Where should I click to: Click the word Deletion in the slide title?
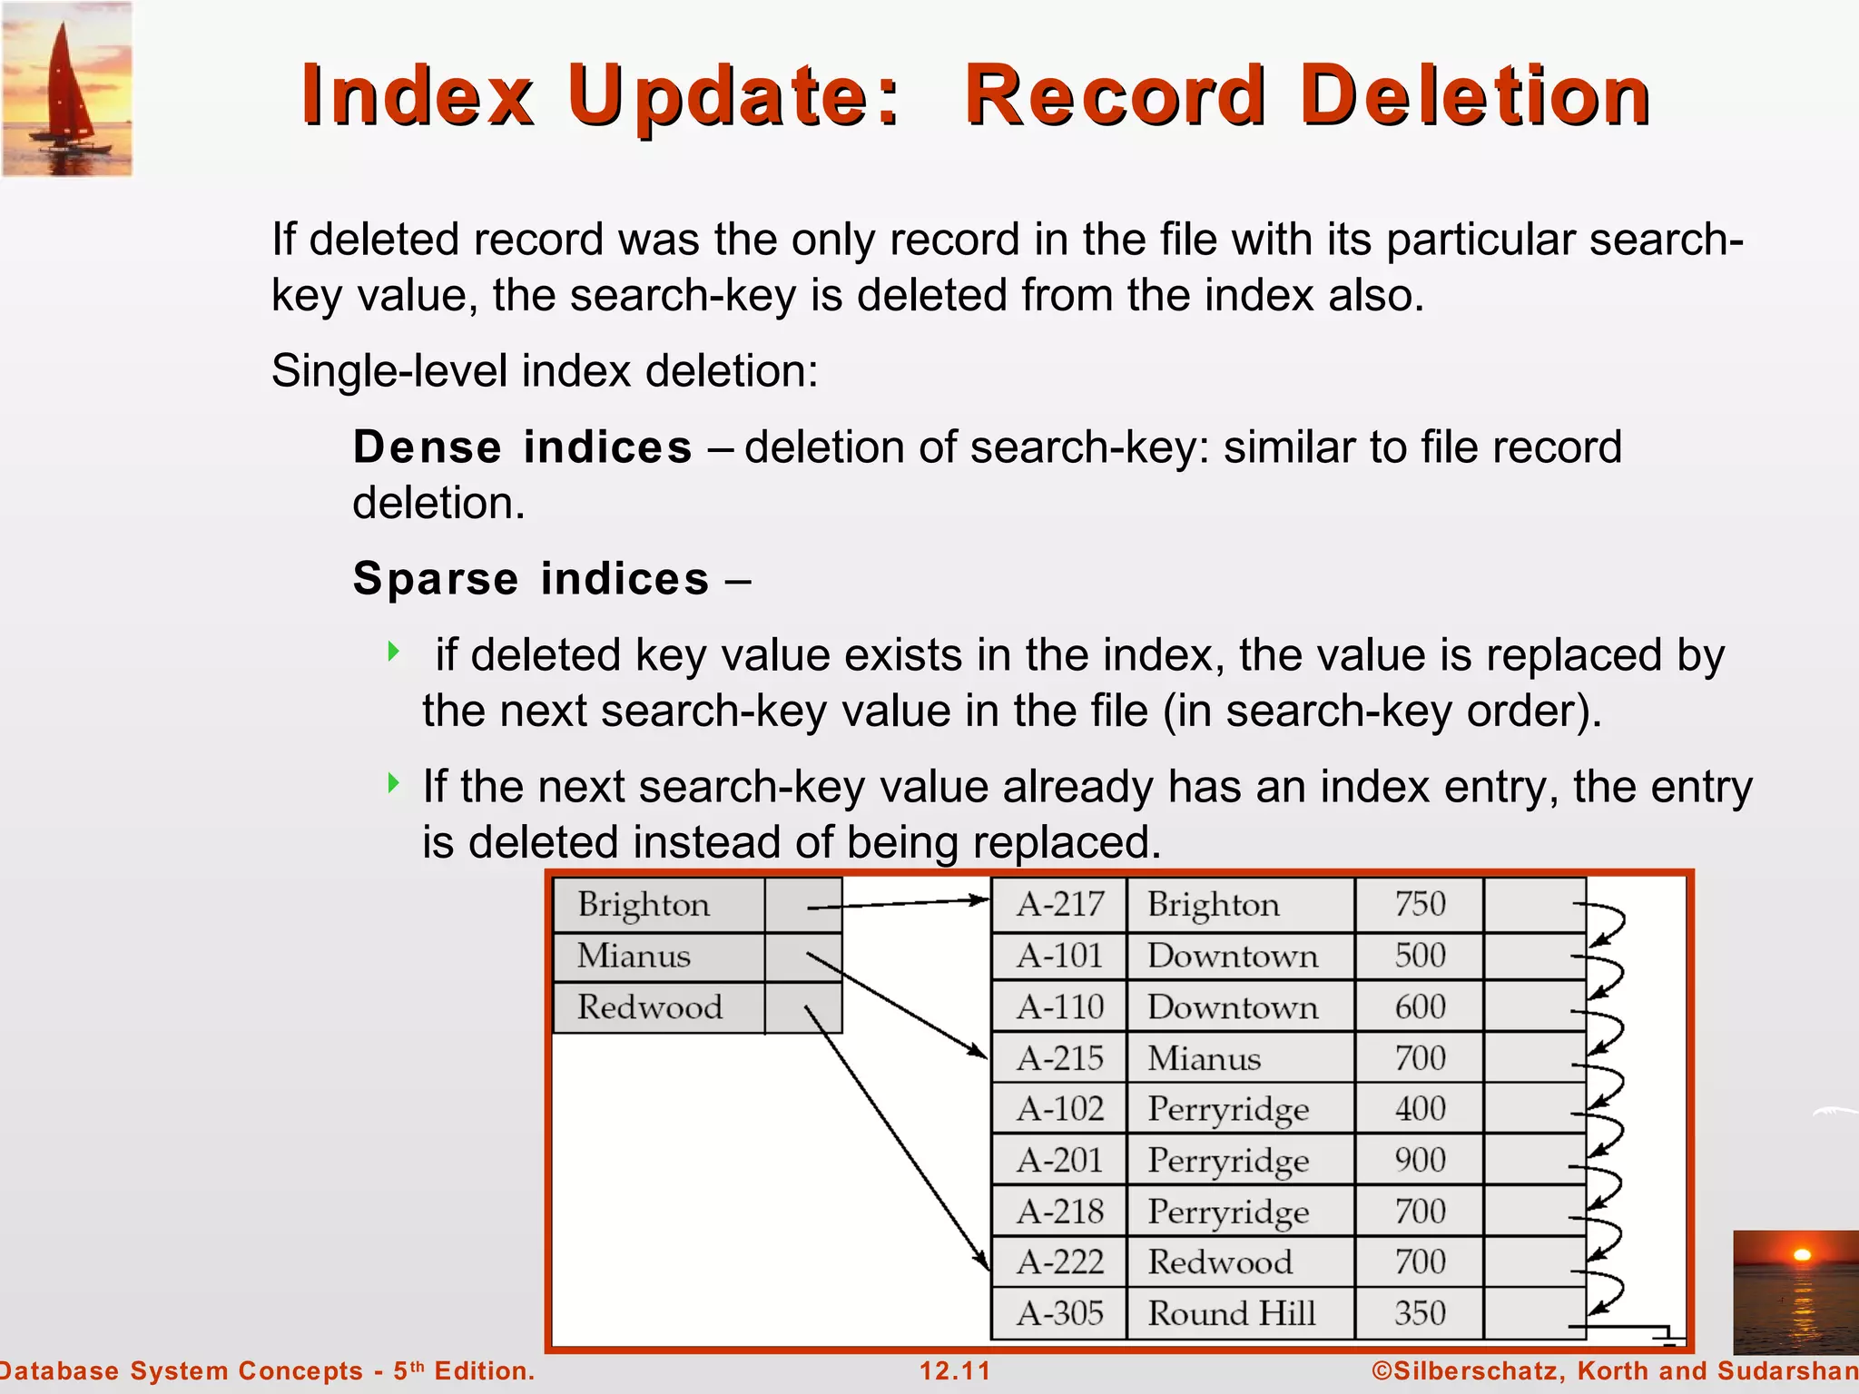coord(1475,96)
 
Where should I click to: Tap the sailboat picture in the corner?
coord(66,88)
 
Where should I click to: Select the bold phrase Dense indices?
coord(522,447)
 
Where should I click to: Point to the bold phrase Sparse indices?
coord(531,579)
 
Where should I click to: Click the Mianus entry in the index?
coord(634,956)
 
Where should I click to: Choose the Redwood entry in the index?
coord(650,1007)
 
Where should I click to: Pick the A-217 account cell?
coord(1059,905)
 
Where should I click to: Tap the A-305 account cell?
coord(1059,1313)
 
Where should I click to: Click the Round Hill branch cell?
coord(1232,1313)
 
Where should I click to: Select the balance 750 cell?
coord(1420,905)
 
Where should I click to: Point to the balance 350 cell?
coord(1420,1313)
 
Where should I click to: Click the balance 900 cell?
coord(1420,1160)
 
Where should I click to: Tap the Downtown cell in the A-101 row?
coord(1233,956)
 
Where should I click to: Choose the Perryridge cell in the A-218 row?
coord(1228,1212)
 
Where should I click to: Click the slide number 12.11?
coord(955,1370)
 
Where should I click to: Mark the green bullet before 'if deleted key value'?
coord(393,651)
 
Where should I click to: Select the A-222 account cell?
coord(1059,1262)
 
